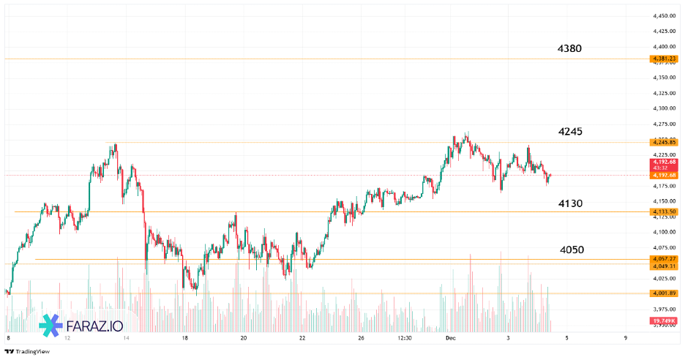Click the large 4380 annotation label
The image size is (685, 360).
(569, 49)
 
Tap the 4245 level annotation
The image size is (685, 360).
(569, 132)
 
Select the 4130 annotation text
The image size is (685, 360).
(570, 203)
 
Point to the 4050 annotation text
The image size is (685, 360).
(572, 250)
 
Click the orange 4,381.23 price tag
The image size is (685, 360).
(663, 59)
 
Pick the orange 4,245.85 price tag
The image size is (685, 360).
(663, 142)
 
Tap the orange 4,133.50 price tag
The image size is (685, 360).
(663, 211)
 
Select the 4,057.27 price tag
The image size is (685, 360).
(663, 259)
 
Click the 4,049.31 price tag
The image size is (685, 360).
(663, 266)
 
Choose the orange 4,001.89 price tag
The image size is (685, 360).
(663, 293)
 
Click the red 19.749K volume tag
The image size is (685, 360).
(662, 321)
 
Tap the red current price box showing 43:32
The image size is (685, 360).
(662, 165)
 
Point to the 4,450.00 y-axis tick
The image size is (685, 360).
(664, 15)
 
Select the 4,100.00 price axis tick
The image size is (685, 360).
(664, 232)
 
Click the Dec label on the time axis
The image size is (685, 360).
(451, 339)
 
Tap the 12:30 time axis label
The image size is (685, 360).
(405, 339)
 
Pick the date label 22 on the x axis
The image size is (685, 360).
(302, 339)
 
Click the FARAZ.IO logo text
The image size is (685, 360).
(94, 326)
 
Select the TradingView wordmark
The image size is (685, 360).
(29, 351)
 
